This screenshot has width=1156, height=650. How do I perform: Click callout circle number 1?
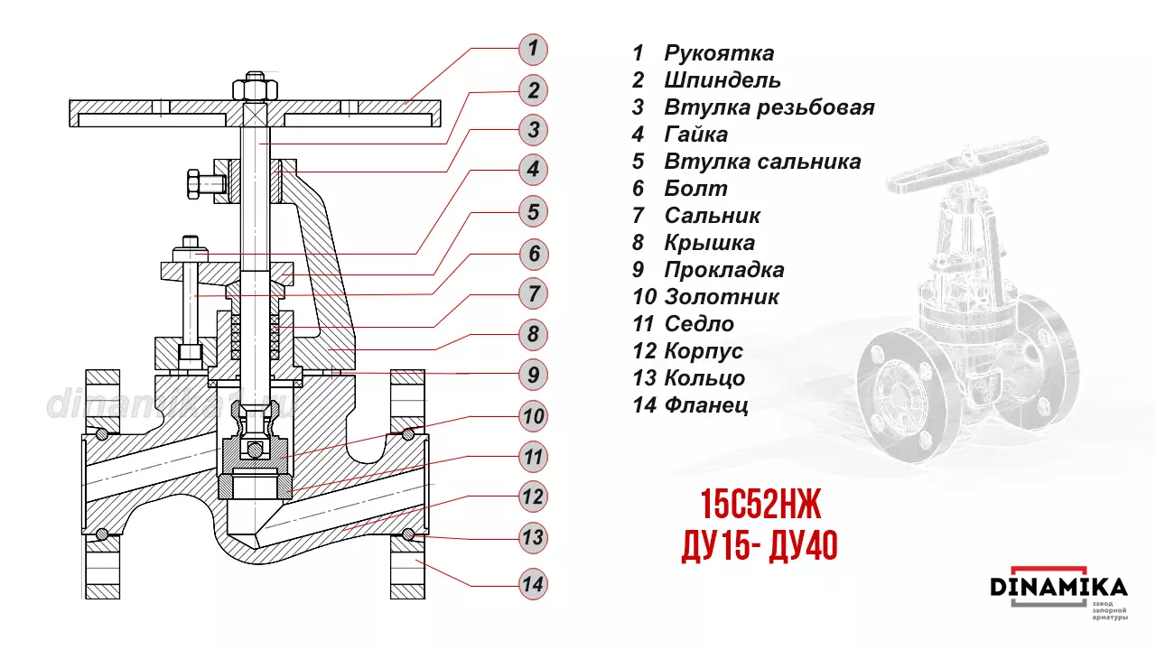point(533,48)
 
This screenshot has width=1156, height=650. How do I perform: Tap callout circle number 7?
point(533,293)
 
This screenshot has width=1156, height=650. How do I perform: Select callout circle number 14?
point(533,584)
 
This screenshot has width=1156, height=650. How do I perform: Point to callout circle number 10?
point(533,416)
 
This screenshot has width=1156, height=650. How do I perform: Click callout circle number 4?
point(533,169)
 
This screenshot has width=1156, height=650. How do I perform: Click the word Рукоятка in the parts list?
point(719,53)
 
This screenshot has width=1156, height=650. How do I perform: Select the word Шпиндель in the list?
point(722,80)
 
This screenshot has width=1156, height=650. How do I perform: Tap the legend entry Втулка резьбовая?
point(769,107)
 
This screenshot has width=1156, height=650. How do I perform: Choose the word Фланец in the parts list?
point(706,405)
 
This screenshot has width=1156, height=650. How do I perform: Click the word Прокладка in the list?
point(724,270)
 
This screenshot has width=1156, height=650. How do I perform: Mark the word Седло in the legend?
point(699,324)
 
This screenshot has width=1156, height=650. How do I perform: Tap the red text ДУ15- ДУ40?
point(759,545)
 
